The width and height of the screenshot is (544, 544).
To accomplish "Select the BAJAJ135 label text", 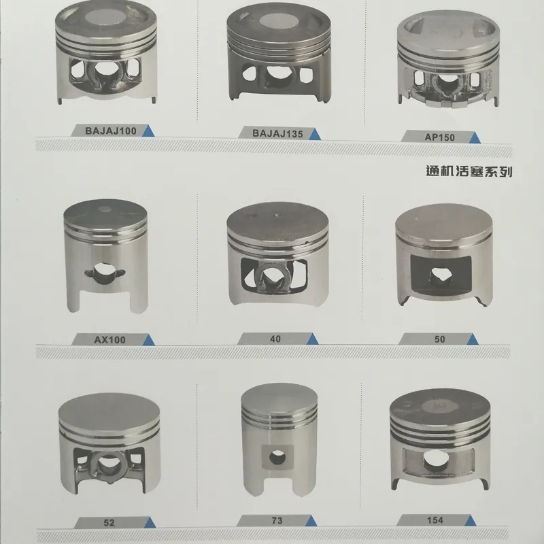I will [x=277, y=133].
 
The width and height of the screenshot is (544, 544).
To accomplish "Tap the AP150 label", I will [x=439, y=137].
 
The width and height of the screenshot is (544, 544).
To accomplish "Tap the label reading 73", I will [x=275, y=521].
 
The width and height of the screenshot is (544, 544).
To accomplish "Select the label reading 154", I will [x=436, y=520].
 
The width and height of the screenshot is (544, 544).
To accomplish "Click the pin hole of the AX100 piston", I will [x=103, y=272].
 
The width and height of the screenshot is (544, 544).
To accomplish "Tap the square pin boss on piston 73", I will [x=276, y=457].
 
